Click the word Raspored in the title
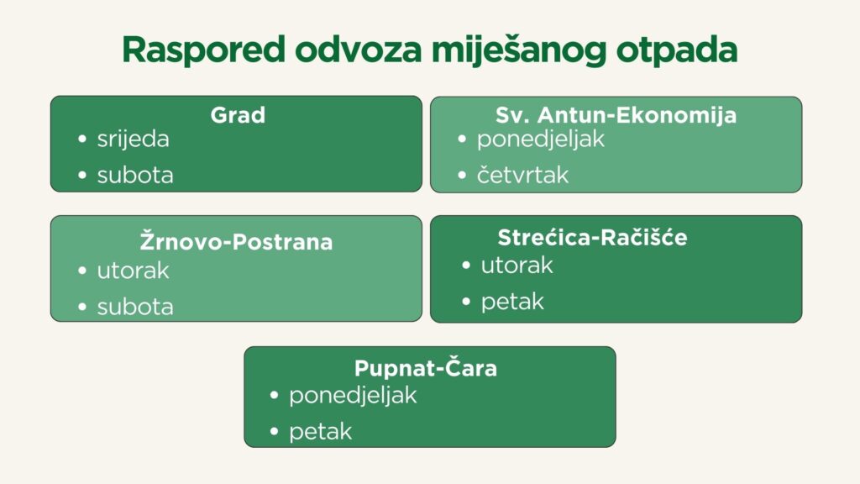(x=203, y=50)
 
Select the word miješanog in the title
(x=519, y=50)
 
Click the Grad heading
(x=238, y=114)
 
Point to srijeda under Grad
(x=134, y=139)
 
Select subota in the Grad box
(x=135, y=175)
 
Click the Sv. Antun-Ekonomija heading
(x=616, y=115)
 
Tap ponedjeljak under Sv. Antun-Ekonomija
(x=541, y=139)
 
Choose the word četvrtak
(x=522, y=175)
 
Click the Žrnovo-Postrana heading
(x=236, y=241)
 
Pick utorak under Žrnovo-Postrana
(x=134, y=271)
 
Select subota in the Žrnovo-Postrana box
(x=135, y=307)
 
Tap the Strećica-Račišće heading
(x=592, y=237)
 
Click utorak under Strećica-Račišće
(x=517, y=266)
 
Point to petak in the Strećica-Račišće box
(x=512, y=302)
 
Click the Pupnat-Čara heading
(x=426, y=368)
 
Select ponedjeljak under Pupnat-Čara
(x=354, y=396)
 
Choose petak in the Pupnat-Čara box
(x=320, y=432)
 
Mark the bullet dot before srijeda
(x=82, y=139)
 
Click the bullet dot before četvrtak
(x=462, y=175)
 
